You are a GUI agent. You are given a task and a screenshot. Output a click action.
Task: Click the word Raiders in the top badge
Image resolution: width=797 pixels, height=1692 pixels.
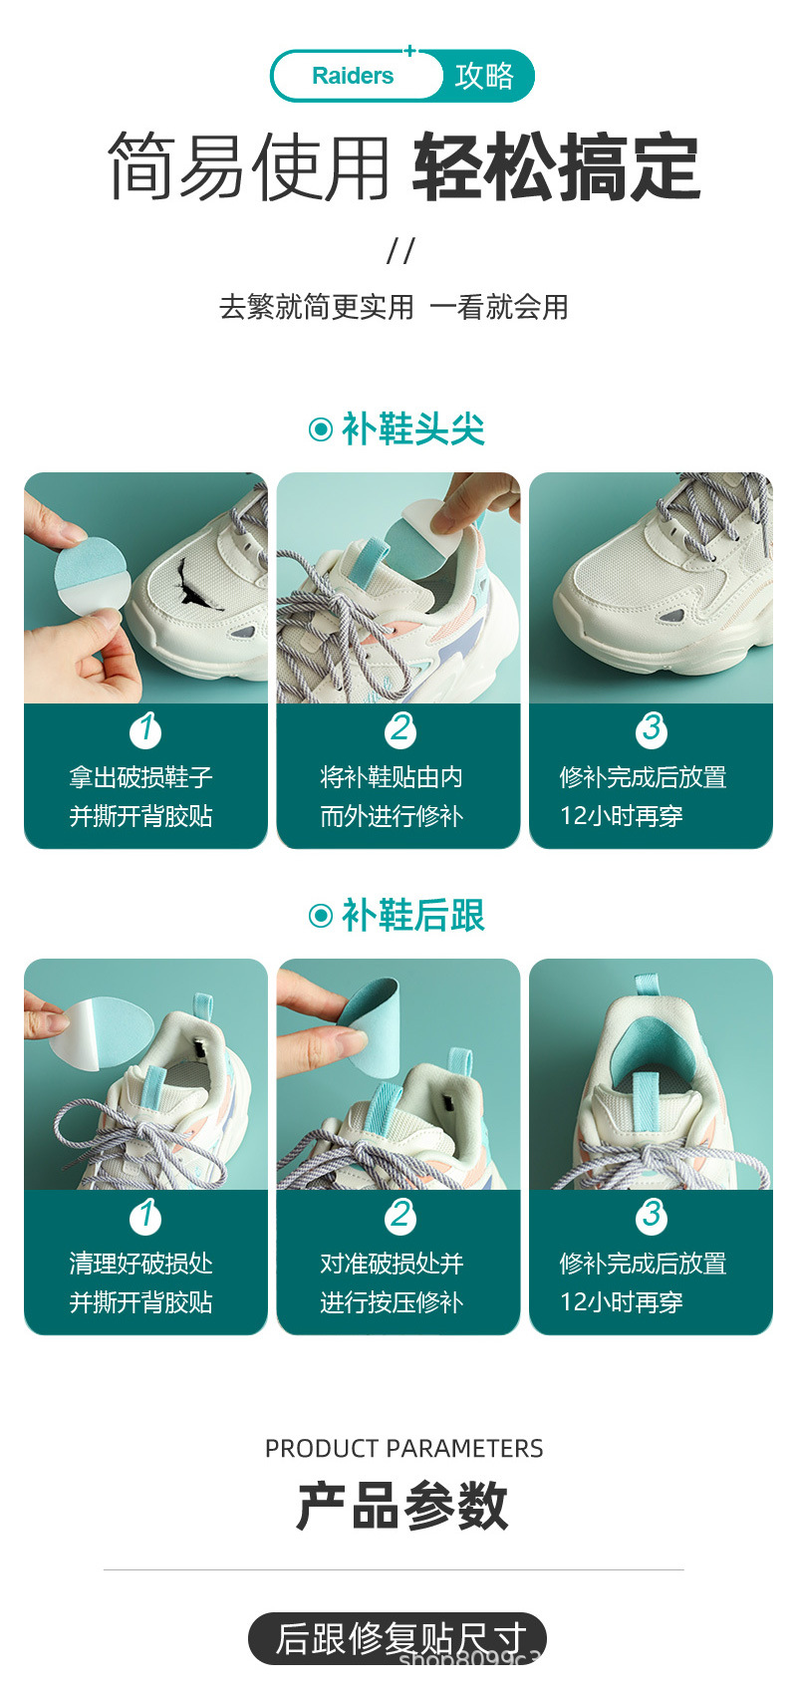point(353,76)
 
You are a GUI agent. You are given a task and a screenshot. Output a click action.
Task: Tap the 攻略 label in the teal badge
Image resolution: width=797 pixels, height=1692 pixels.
point(484,76)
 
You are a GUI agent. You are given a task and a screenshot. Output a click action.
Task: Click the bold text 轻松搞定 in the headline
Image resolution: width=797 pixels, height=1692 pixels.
point(557,167)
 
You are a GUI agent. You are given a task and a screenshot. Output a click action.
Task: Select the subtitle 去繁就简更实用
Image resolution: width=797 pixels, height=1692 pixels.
point(317,308)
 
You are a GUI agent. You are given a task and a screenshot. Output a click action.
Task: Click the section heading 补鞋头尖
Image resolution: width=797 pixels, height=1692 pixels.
point(412,429)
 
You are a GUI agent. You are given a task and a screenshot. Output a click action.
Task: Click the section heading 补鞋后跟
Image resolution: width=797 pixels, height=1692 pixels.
point(412,916)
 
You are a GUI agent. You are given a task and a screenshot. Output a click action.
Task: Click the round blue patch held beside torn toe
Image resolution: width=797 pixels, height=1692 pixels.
point(92,577)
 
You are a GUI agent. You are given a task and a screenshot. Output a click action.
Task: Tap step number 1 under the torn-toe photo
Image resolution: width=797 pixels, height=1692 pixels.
point(145,729)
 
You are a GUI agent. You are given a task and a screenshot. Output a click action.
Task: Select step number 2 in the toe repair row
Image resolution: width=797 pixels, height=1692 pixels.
point(400,729)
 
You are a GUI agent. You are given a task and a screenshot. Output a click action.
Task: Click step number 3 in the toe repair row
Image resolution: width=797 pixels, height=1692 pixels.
point(652,729)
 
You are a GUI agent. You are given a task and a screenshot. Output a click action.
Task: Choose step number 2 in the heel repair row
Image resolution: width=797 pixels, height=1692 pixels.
point(400,1216)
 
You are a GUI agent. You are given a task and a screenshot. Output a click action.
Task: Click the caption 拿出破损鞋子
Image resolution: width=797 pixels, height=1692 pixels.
point(140,777)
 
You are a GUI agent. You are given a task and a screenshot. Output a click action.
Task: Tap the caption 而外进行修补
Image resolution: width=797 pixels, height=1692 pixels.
point(392,816)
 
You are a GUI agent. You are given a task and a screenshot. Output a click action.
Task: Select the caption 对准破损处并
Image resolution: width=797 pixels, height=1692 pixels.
point(392,1264)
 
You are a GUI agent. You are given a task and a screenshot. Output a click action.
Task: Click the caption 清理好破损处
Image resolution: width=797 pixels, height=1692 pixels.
point(140,1264)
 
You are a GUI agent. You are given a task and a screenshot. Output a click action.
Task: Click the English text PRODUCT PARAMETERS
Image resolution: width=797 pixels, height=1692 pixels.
point(404,1449)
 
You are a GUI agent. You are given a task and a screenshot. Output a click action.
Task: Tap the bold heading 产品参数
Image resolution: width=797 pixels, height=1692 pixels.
point(401,1506)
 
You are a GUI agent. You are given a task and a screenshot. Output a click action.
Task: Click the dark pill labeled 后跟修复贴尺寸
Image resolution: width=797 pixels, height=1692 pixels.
point(398,1639)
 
